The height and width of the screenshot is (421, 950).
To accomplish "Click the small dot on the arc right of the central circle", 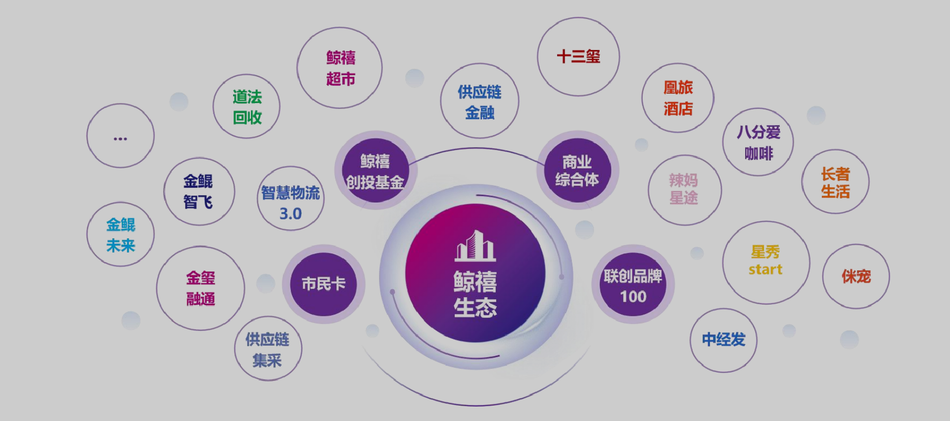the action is pos(562,277).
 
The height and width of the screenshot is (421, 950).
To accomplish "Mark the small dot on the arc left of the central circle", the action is pos(392,292).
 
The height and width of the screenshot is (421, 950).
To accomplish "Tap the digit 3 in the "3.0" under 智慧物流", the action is pos(284,213).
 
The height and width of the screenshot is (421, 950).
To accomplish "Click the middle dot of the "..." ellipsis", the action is pos(120,139).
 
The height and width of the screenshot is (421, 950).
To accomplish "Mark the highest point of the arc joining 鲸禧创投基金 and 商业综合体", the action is pos(476,148).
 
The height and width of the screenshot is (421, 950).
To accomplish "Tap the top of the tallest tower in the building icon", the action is pos(476,231).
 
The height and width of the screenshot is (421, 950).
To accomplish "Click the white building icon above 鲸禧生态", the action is pos(475,246).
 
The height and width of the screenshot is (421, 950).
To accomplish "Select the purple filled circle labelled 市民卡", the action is pos(324,284).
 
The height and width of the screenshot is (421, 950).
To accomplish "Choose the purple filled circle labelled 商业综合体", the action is pos(577,170).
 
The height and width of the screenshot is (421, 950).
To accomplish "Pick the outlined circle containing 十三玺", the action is pos(578,56).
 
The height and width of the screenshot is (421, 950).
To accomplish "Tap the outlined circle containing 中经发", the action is pos(723,340).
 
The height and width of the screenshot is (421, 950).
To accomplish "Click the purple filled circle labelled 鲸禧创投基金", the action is pos(375,170).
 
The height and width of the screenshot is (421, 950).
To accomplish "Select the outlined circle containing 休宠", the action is pos(856,276).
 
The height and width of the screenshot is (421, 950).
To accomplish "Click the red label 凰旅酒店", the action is pos(678,98).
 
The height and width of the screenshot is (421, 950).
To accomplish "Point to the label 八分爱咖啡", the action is pos(759,142).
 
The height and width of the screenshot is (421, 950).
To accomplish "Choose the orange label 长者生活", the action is pos(836,182).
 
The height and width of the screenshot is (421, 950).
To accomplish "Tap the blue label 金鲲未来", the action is pos(121,235).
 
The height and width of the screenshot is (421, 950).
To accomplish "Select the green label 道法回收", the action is pos(247,106).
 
